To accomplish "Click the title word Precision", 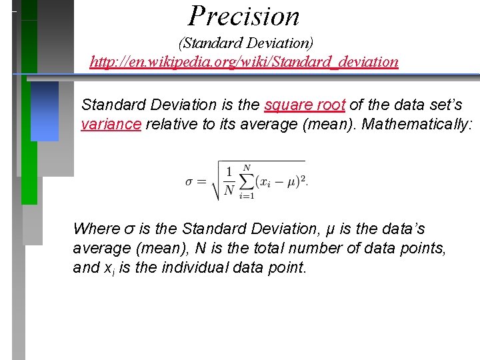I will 244,16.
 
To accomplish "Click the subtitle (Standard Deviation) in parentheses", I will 245,43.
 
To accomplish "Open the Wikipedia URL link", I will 244,62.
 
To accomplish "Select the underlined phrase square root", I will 305,105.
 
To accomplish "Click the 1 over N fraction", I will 229,182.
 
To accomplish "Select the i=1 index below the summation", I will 246,196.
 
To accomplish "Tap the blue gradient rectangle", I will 45,111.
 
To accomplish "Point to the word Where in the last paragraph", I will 94,229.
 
